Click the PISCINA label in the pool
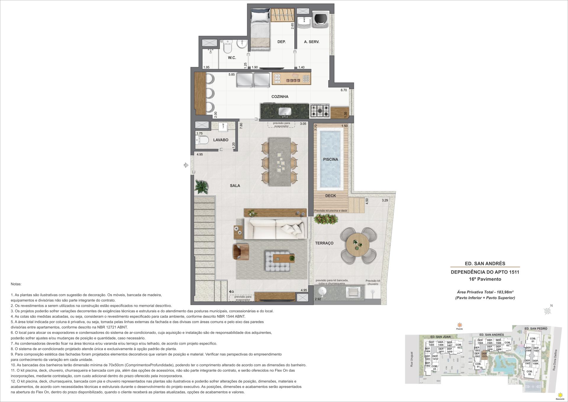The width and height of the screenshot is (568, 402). pos(330,159)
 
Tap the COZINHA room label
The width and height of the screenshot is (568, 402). pos(280,97)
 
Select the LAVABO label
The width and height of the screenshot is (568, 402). pos(221,140)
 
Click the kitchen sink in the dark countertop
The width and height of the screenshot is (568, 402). pos(285,112)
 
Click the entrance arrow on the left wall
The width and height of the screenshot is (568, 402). pos(186,165)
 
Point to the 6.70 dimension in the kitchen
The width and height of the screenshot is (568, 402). pos(343,90)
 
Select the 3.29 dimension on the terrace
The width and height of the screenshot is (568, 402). pos(385,200)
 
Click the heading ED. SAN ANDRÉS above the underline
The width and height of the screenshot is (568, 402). pos(485,263)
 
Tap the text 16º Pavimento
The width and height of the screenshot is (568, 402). pos(485,279)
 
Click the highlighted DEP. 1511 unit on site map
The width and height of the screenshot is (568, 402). pos(484,355)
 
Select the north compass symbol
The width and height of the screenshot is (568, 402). pos(548,310)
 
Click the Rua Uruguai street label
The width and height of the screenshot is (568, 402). pos(412,359)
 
